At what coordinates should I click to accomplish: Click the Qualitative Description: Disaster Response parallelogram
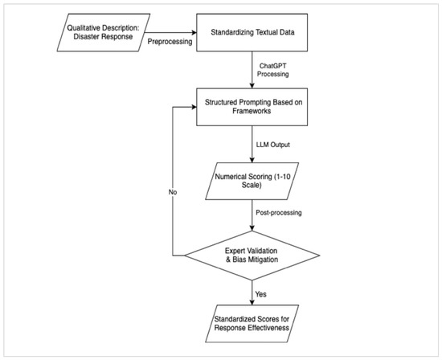pos(104,32)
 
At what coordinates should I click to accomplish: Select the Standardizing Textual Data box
pos(252,32)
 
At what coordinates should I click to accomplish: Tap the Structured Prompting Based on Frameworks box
pos(252,107)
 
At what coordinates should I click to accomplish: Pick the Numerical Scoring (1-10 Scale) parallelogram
pos(252,181)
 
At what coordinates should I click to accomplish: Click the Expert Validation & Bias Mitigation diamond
pos(252,256)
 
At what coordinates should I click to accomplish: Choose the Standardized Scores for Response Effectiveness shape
pos(252,323)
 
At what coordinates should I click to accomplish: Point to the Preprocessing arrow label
pos(170,42)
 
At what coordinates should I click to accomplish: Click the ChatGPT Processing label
pos(272,70)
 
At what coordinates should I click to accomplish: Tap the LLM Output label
pos(273,145)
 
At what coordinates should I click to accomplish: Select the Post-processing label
pos(279,213)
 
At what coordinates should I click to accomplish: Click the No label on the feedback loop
pos(173,192)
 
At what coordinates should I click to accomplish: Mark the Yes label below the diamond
pos(260,294)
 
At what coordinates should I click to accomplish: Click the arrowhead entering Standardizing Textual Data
pos(194,32)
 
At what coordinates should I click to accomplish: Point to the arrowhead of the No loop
pos(194,107)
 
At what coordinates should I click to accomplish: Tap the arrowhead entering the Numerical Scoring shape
pos(252,160)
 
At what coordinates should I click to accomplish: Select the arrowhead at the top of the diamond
pos(252,228)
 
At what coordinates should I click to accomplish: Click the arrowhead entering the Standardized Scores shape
pos(252,302)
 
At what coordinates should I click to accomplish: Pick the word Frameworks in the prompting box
pos(252,111)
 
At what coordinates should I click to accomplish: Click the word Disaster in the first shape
pos(86,37)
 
